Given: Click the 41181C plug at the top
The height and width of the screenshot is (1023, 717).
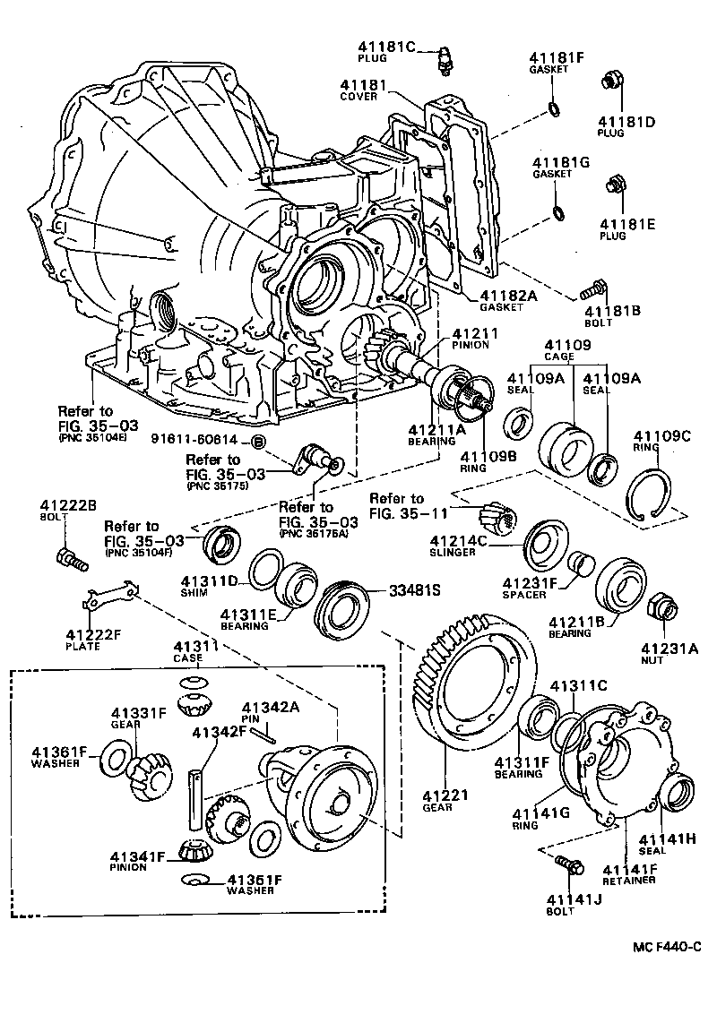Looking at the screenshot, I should click(x=442, y=60).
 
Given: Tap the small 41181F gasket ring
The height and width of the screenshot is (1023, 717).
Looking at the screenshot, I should click(x=555, y=109).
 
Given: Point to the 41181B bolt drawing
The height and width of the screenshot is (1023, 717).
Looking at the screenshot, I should click(x=593, y=289).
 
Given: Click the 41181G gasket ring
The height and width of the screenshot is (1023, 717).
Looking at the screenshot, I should click(x=556, y=212).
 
